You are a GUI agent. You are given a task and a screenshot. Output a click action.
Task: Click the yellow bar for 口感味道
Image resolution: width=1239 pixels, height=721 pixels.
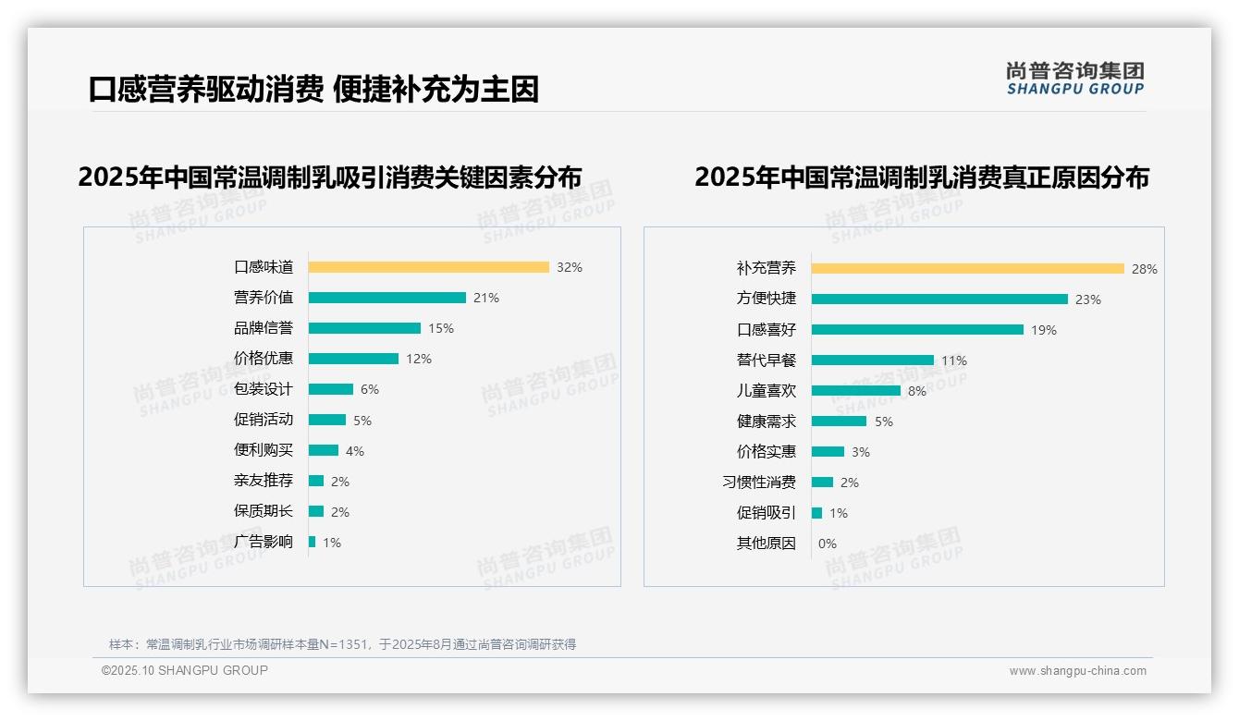point(428,267)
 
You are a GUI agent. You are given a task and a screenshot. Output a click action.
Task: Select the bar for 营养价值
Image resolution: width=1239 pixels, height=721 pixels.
point(386,298)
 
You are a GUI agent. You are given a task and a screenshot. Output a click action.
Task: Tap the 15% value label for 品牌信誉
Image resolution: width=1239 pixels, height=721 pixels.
point(441,328)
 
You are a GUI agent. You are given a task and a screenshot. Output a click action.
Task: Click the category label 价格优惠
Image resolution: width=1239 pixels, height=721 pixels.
point(264,359)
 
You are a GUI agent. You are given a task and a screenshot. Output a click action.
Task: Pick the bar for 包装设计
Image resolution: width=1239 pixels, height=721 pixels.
point(330,389)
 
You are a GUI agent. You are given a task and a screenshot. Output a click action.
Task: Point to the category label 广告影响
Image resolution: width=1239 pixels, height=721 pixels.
point(264,542)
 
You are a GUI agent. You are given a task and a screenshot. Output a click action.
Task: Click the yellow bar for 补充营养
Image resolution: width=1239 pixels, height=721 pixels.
point(967,269)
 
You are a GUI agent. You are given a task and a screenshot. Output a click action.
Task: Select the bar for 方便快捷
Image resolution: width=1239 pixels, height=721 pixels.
point(939,299)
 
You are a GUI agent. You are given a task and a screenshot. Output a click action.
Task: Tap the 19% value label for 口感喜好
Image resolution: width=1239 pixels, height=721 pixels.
point(1044,330)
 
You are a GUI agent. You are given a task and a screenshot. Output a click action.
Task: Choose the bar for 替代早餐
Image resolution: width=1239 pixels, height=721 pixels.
point(872,360)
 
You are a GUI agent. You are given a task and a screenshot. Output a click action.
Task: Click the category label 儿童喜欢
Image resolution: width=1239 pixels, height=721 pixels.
point(767,391)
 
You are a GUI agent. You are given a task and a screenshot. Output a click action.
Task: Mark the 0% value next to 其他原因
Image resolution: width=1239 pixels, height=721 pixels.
point(828,544)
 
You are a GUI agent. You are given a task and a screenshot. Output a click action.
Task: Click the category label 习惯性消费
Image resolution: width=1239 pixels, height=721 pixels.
point(759,483)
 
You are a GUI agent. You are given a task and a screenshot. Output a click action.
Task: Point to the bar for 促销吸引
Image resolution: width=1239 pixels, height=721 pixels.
point(816,513)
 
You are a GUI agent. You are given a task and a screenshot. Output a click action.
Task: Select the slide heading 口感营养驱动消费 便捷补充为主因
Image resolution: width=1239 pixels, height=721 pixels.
point(313,90)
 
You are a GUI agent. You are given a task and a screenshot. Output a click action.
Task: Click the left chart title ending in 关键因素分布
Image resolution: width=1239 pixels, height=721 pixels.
point(330,177)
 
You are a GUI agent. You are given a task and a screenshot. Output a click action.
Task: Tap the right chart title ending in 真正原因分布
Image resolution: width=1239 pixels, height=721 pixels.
point(921,177)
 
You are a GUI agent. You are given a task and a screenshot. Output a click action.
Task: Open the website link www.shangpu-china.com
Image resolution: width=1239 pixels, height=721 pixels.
point(1077,671)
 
